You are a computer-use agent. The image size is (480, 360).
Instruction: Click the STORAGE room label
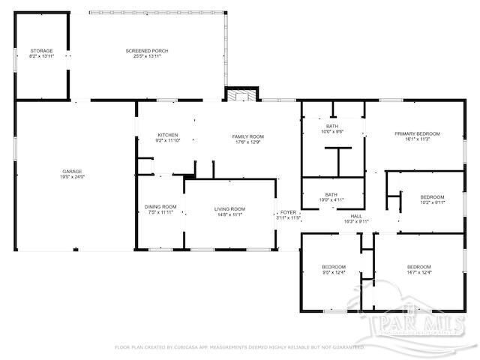click(41, 50)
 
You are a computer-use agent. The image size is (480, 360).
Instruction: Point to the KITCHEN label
click(167, 135)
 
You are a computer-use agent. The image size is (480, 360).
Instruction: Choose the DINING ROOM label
click(160, 206)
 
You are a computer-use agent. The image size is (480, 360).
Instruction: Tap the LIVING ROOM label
click(229, 208)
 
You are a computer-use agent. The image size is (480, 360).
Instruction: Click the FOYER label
click(289, 212)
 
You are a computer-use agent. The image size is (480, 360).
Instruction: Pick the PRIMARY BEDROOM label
click(418, 133)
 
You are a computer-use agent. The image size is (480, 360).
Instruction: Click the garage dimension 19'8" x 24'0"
click(73, 177)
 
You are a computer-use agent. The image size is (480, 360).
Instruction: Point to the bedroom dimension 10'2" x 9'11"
click(432, 202)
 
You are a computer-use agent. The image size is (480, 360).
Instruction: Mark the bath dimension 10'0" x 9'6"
click(331, 131)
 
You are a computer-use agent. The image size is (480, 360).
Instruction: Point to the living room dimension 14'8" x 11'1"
click(229, 214)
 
